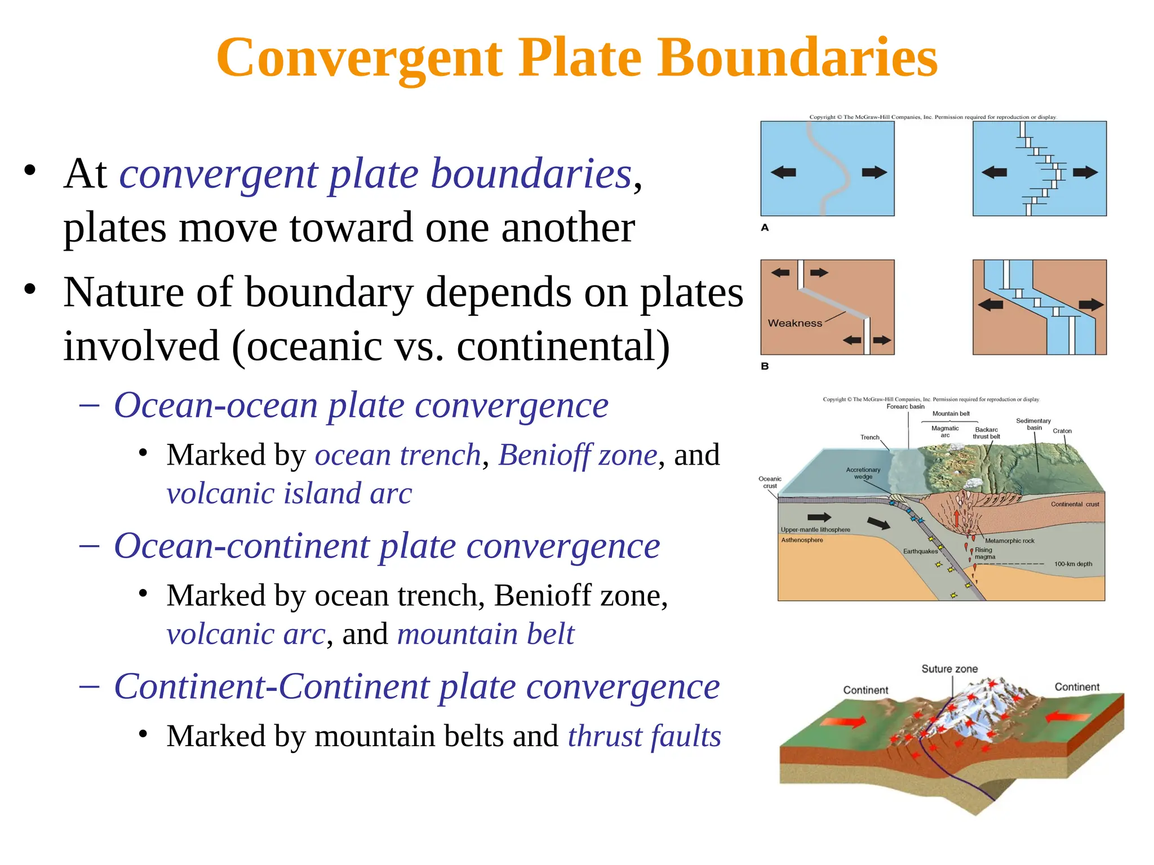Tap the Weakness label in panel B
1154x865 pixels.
point(795,323)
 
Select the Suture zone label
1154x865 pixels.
point(949,669)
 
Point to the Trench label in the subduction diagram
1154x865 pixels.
point(869,438)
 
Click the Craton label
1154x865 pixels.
point(1062,431)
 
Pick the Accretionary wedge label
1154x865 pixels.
point(863,473)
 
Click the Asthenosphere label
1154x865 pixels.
point(802,540)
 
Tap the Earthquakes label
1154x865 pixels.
point(920,551)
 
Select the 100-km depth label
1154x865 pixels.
point(1073,564)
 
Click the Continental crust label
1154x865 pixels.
point(1075,504)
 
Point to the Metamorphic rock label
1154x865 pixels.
point(1010,541)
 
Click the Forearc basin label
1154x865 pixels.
point(906,407)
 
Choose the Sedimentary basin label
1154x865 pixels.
point(1033,424)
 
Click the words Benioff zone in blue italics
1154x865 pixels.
point(578,455)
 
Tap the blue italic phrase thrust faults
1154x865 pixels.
point(644,736)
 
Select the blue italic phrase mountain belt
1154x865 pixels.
point(486,634)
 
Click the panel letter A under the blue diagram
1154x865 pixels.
point(765,228)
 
